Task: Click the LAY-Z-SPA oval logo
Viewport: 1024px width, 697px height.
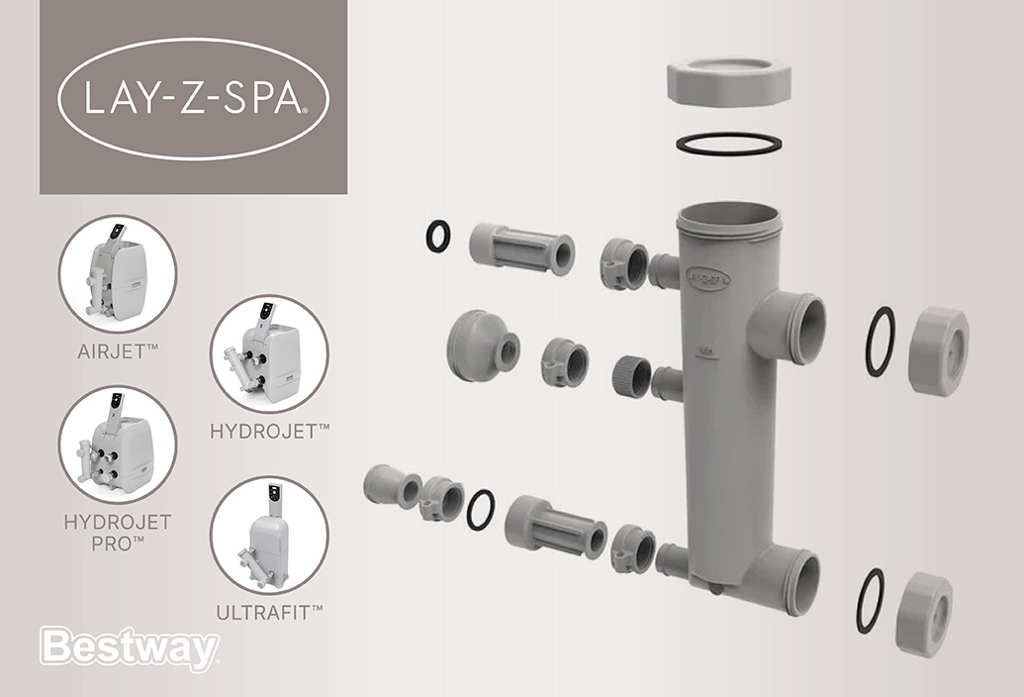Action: [x=193, y=97]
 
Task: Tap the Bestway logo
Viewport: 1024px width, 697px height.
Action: [x=128, y=648]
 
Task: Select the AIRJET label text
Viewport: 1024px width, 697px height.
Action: [x=118, y=351]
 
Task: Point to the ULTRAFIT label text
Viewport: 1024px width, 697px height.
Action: [x=269, y=613]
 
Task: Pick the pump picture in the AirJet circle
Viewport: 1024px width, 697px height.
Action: [x=118, y=271]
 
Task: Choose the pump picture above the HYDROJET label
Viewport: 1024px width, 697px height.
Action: [x=269, y=352]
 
